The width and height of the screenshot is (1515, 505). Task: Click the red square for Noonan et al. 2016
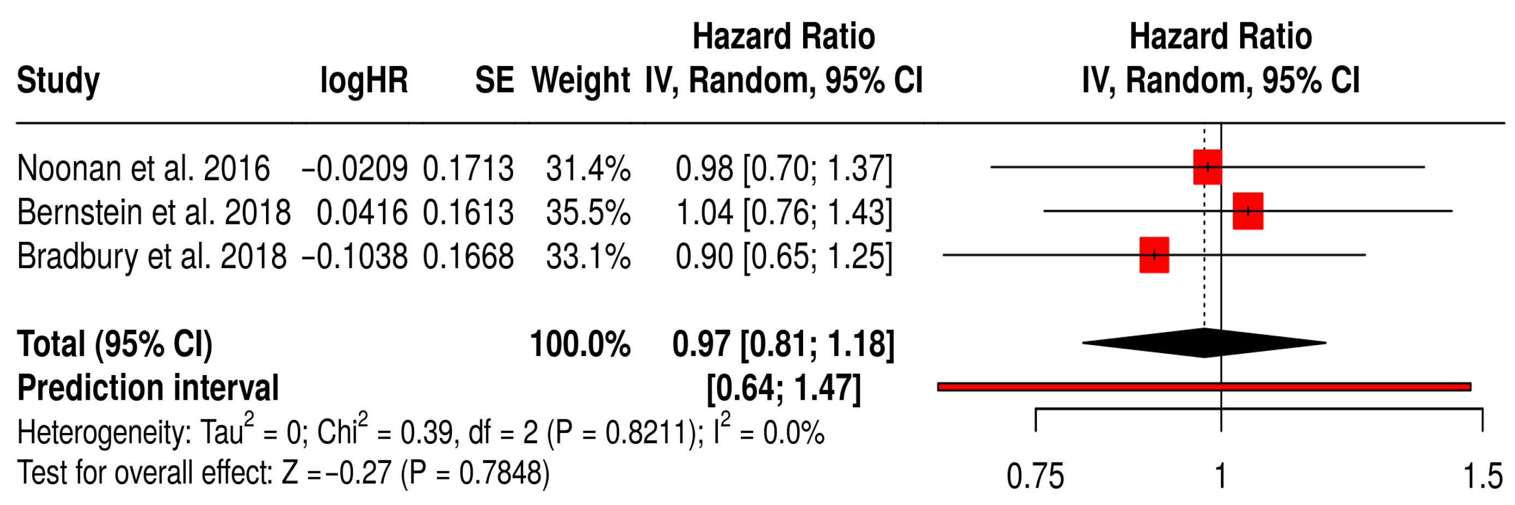pyautogui.click(x=1207, y=167)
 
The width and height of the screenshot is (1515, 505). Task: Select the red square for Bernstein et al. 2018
pyautogui.click(x=1247, y=211)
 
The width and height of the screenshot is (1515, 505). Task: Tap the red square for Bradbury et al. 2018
pyautogui.click(x=1154, y=254)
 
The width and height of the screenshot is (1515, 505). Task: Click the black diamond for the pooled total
pyautogui.click(x=1204, y=343)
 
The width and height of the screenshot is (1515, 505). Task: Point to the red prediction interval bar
pyautogui.click(x=1204, y=386)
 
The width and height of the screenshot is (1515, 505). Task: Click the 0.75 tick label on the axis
pyautogui.click(x=1035, y=476)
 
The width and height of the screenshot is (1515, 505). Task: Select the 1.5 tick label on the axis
pyautogui.click(x=1482, y=476)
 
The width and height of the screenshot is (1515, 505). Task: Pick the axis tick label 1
pyautogui.click(x=1221, y=476)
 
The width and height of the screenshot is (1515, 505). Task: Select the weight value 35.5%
pyautogui.click(x=588, y=212)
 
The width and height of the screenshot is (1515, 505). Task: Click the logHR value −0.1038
pyautogui.click(x=355, y=256)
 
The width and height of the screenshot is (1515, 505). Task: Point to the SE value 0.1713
pyautogui.click(x=468, y=168)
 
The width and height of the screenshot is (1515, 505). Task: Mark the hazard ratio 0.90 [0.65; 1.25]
pyautogui.click(x=783, y=256)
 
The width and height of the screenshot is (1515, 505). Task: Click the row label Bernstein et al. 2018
pyautogui.click(x=154, y=212)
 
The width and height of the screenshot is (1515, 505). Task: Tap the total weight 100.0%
pyautogui.click(x=580, y=344)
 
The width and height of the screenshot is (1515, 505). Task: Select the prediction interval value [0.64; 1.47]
pyautogui.click(x=783, y=388)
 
